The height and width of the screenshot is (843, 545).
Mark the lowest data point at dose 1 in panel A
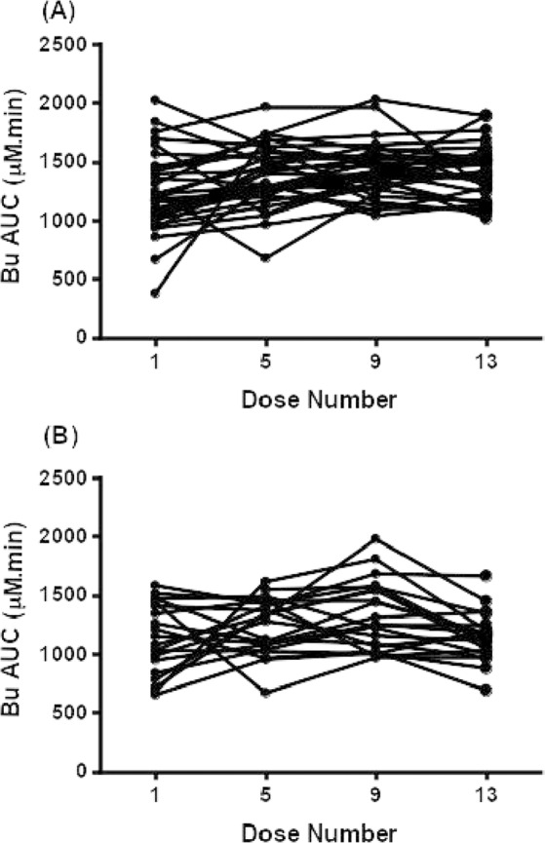tap(156, 293)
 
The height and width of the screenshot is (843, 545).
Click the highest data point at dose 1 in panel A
tap(156, 100)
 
